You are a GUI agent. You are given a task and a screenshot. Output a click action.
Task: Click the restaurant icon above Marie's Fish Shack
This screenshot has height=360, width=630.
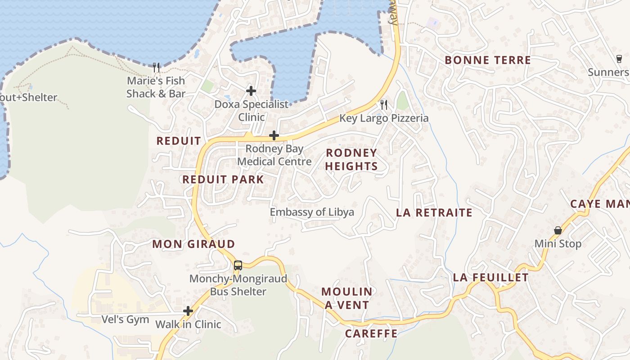click(156, 67)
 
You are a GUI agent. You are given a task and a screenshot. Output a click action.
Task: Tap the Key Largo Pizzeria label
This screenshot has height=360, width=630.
click(384, 118)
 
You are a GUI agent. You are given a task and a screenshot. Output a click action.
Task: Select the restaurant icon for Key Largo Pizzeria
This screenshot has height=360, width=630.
click(384, 105)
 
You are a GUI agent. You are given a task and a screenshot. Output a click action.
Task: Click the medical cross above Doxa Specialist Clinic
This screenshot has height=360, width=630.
click(251, 91)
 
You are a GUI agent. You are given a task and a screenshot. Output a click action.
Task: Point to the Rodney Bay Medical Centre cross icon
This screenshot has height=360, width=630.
click(274, 135)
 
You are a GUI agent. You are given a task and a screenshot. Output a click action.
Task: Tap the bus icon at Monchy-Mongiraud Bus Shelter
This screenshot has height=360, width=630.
click(238, 265)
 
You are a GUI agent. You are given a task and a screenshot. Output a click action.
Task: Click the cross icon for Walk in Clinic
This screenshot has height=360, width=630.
click(188, 311)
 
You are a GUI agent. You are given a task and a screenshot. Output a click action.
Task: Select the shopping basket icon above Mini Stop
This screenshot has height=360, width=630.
click(558, 230)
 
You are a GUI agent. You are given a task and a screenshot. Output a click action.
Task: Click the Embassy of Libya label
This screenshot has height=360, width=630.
click(312, 212)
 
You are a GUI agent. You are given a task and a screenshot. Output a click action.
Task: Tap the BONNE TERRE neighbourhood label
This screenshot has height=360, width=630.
click(488, 60)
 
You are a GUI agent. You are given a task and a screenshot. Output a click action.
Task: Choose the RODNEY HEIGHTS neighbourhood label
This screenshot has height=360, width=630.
click(351, 159)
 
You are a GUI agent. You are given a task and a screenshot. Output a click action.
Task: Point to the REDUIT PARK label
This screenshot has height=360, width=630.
click(223, 180)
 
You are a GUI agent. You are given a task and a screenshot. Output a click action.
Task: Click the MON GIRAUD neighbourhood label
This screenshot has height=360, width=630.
click(193, 244)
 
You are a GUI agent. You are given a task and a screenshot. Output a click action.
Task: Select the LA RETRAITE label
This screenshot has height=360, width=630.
click(434, 213)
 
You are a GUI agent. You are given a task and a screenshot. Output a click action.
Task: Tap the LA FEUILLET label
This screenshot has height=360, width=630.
click(491, 278)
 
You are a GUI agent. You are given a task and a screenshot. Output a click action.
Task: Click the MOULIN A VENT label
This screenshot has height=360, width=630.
click(347, 298)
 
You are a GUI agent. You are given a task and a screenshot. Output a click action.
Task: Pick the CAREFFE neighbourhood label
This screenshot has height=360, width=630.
click(371, 333)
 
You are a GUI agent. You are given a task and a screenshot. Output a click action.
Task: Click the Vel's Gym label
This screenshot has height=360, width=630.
click(119, 319)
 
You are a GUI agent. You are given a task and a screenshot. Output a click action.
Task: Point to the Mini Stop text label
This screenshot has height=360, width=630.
click(558, 244)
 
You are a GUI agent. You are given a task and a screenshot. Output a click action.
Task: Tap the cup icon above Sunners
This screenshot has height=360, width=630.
click(619, 59)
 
